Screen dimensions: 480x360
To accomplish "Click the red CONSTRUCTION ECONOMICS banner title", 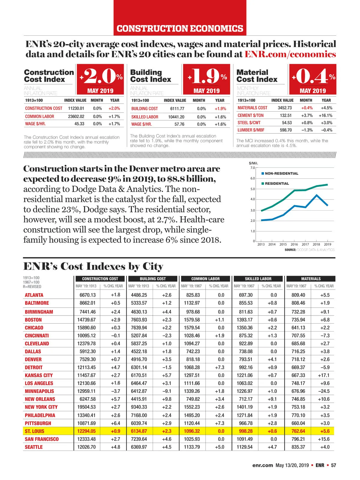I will tap(180, 28).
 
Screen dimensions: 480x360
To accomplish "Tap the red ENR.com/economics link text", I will tap(290, 54).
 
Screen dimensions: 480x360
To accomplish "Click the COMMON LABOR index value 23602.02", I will tap(76, 116).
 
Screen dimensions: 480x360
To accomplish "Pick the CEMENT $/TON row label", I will tap(250, 115).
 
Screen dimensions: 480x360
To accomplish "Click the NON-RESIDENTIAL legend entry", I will tap(281, 173).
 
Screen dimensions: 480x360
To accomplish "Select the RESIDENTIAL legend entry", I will tap(277, 184).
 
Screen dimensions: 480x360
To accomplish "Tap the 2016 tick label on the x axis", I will tap(294, 244).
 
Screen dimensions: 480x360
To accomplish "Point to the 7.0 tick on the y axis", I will tap(253, 168).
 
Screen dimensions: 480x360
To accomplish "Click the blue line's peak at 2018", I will tap(316, 195).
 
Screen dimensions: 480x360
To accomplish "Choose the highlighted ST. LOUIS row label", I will tap(34, 431).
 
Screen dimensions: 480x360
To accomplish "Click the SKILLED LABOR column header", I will tap(258, 279).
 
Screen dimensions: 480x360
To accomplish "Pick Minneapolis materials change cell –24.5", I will tap(324, 391).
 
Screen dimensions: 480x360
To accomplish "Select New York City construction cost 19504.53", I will tap(86, 407).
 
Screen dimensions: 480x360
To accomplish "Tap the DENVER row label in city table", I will tap(33, 359).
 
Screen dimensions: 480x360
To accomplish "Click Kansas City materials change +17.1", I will tap(324, 375).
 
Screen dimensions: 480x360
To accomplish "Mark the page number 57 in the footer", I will tap(334, 465).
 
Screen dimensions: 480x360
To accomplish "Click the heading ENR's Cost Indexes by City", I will tap(93, 266).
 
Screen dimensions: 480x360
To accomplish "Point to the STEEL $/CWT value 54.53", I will tap(286, 123).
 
